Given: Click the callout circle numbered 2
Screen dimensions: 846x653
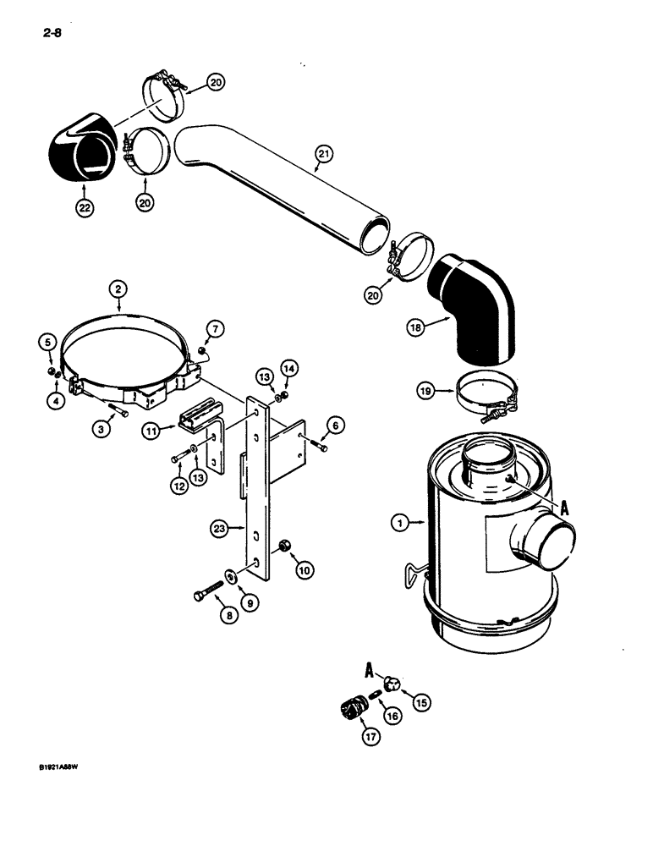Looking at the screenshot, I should tap(118, 289).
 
